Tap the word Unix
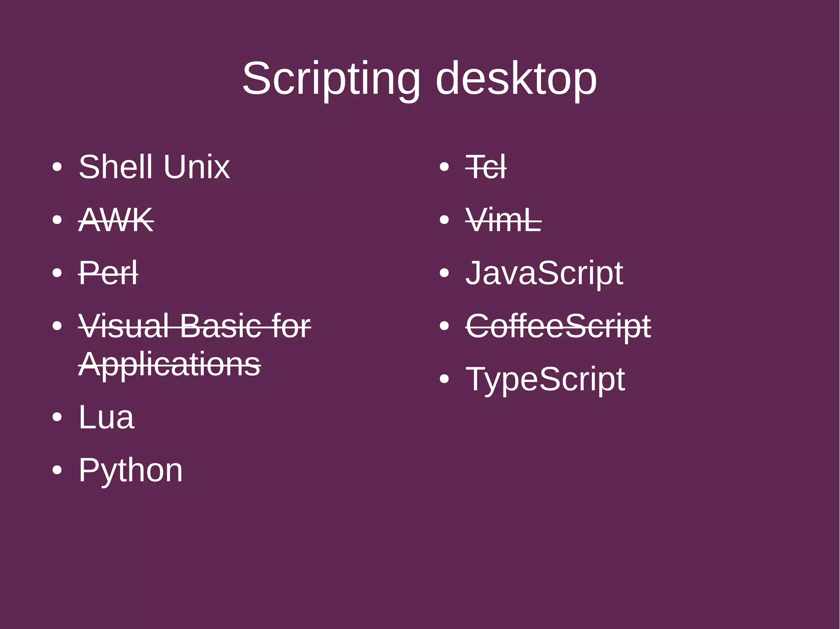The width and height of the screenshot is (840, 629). tap(196, 167)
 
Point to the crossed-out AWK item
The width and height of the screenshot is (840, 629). tap(116, 220)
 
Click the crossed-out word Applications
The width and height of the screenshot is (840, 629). tap(169, 364)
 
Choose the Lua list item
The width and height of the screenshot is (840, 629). tap(106, 417)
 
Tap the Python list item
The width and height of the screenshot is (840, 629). tap(130, 470)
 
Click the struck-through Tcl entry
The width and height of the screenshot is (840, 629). tap(486, 167)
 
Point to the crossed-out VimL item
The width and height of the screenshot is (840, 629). tap(503, 220)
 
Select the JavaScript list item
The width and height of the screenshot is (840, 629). tap(544, 273)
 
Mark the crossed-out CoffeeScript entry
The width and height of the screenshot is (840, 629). tap(558, 326)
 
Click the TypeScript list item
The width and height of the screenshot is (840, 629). tap(545, 379)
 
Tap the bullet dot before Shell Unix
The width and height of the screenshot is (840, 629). tap(57, 167)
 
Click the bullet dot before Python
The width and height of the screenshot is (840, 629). tap(57, 470)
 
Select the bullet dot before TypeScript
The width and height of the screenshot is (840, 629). tap(444, 379)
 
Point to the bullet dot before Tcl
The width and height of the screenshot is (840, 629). tap(444, 167)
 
